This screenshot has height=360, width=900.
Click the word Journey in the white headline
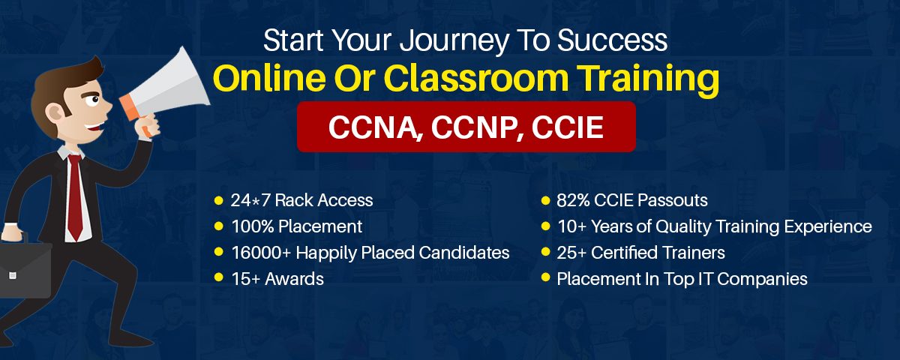[454, 41]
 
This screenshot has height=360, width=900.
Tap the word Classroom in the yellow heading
[476, 78]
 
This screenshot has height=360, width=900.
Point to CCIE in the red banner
[567, 127]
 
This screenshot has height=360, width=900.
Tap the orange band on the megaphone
[129, 108]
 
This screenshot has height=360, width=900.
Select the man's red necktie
[75, 196]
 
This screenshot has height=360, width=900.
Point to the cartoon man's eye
[94, 98]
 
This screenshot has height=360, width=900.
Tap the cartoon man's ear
[54, 114]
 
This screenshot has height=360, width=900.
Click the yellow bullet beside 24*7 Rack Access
[218, 200]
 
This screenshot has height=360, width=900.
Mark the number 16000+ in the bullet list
[261, 253]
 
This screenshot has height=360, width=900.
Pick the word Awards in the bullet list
[294, 279]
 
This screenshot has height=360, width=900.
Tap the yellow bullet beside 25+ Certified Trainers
[545, 252]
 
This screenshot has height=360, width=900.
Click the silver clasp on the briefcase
[13, 276]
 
